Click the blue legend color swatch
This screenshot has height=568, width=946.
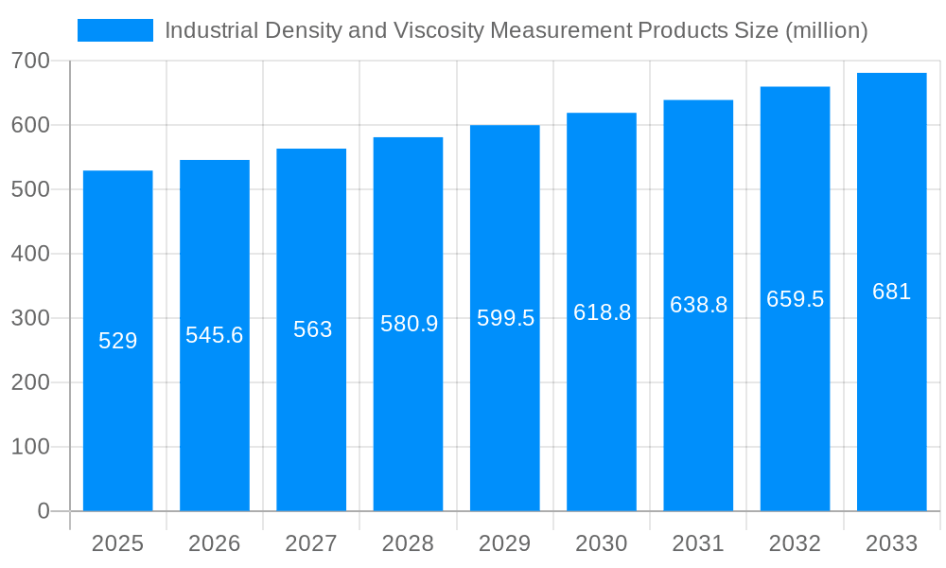click(x=114, y=30)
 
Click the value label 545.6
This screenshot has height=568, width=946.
click(x=215, y=335)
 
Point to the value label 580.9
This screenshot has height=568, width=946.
click(x=409, y=324)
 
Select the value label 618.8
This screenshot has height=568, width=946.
click(x=602, y=312)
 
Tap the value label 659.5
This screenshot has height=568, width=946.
click(x=795, y=299)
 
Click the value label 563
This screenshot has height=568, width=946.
click(x=312, y=329)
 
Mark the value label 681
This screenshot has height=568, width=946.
click(x=891, y=292)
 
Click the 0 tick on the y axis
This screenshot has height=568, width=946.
click(x=43, y=511)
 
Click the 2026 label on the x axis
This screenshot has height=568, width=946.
click(x=215, y=543)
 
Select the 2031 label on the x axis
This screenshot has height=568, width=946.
click(x=698, y=543)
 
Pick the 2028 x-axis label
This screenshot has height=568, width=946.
click(x=408, y=543)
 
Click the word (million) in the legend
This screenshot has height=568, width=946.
click(x=827, y=30)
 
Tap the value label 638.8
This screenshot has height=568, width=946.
click(x=698, y=305)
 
